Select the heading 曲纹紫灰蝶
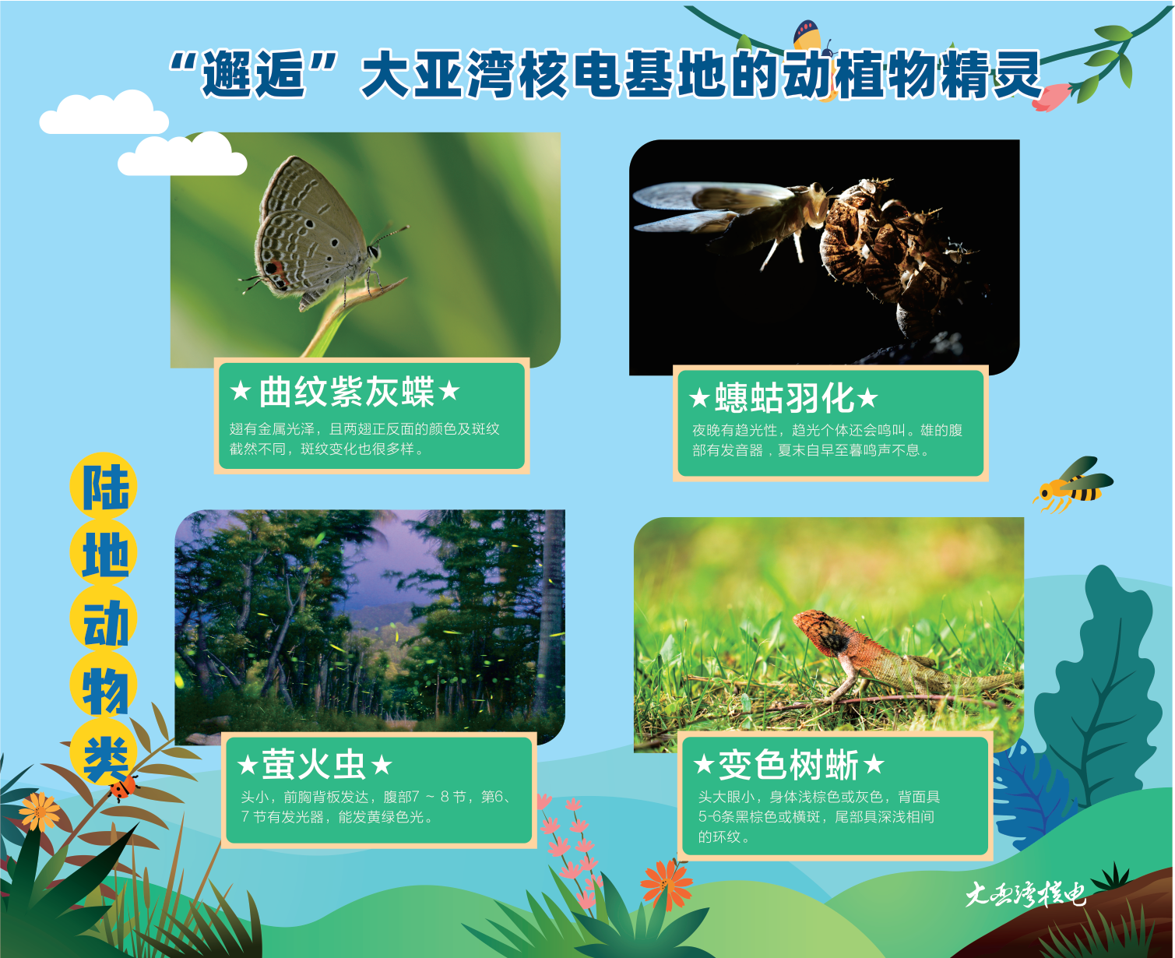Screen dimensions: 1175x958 click(347, 392)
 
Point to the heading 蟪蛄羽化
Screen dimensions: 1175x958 click(784, 397)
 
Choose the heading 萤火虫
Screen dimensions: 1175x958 click(313, 765)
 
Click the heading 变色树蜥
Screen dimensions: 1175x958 click(788, 765)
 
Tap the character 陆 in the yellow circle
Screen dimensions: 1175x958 click(105, 487)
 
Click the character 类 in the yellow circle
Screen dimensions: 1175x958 click(105, 759)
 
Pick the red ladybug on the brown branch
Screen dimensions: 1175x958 click(124, 787)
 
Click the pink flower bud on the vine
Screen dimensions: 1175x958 click(1052, 97)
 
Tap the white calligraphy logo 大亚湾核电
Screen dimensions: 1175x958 click(1025, 895)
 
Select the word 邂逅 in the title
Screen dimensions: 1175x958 click(254, 74)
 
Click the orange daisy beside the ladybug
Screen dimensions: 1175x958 click(39, 812)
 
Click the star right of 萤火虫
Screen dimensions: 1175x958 click(382, 766)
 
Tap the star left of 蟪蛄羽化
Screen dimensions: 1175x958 click(699, 398)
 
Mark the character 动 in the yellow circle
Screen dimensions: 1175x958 click(105, 622)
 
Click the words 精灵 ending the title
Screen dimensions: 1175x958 click(990, 74)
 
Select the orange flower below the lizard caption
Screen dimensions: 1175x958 click(667, 883)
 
